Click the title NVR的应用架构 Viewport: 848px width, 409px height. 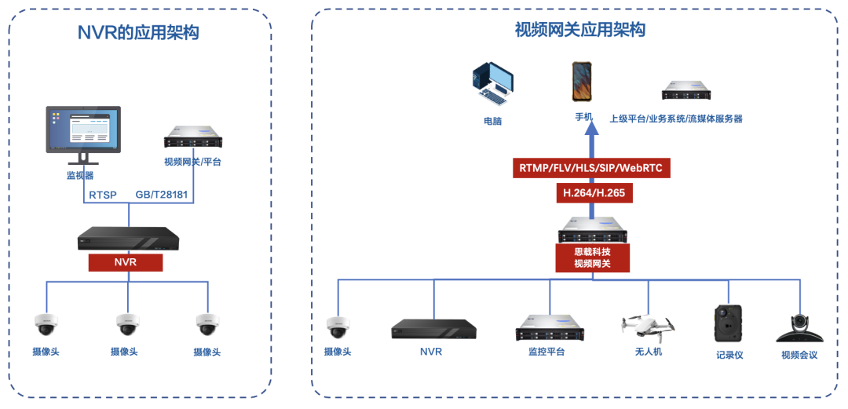tap(137, 33)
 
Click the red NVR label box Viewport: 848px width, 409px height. tap(126, 262)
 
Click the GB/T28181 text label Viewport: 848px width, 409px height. tap(162, 194)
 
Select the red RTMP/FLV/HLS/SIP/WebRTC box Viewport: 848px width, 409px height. tap(594, 169)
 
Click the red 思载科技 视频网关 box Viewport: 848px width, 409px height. tap(592, 257)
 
